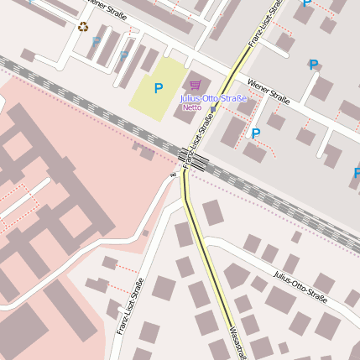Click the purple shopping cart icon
pyautogui.click(x=195, y=85)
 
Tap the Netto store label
pyautogui.click(x=191, y=107)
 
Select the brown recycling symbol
pyautogui.click(x=83, y=26)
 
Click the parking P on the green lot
pyautogui.click(x=158, y=87)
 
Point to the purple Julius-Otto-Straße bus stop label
pyautogui.click(x=214, y=98)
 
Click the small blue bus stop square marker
pyautogui.click(x=213, y=109)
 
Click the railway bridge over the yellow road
pyautogui.click(x=191, y=157)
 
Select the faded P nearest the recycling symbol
pyautogui.click(x=97, y=41)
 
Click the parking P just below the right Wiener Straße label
pyautogui.click(x=256, y=133)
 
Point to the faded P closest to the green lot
pyautogui.click(x=124, y=56)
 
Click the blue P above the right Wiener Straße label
pyautogui.click(x=313, y=65)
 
